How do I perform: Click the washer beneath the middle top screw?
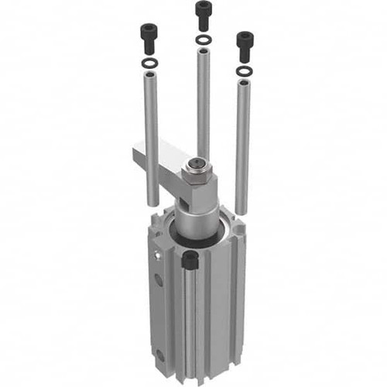click(x=202, y=39)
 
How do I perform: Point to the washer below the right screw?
click(x=244, y=71)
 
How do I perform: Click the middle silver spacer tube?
click(x=203, y=101)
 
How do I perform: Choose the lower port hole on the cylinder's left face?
click(x=159, y=354)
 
